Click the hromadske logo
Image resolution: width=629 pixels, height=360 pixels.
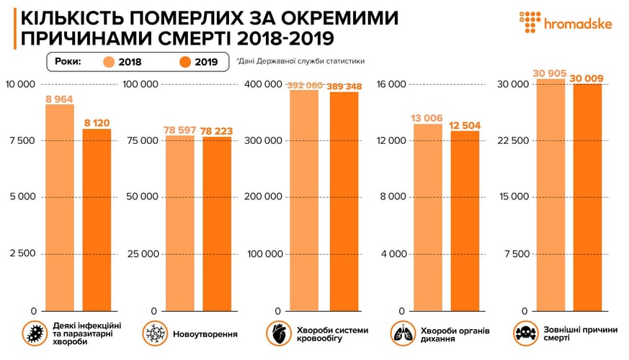566,23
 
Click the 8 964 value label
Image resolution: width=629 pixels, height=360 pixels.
59,99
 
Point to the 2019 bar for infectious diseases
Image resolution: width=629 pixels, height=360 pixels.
97,220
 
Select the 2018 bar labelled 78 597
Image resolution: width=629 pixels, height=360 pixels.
179,223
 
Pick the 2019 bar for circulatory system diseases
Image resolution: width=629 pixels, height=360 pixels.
344,202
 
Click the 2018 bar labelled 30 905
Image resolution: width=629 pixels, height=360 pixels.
549,194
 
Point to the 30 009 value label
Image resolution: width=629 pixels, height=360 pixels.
587,78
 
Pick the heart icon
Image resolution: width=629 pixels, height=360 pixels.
277,333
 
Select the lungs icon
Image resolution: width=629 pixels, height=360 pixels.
401,333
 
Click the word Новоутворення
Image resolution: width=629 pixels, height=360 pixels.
205,334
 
